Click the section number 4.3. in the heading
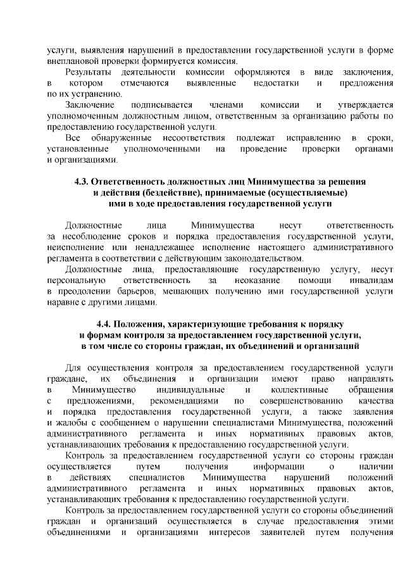(x=84, y=181)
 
